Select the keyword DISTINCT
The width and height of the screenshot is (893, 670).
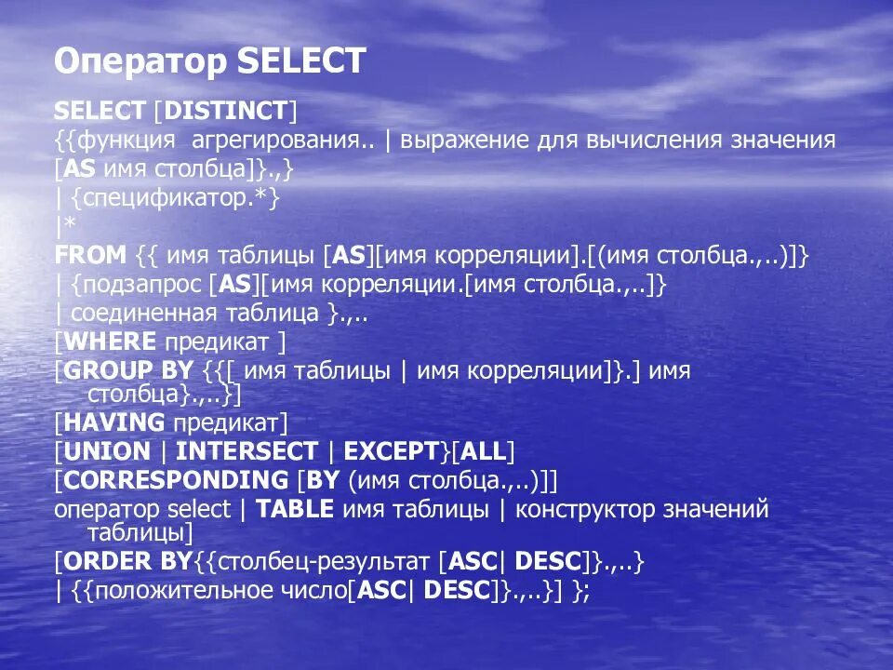point(224,113)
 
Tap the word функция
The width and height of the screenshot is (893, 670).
point(127,141)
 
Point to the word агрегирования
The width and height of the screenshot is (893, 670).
point(278,141)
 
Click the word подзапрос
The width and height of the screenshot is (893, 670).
point(136,285)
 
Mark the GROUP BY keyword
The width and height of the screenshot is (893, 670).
point(127,370)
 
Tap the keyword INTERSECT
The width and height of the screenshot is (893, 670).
point(247,452)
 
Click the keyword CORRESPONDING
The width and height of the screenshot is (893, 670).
point(176,480)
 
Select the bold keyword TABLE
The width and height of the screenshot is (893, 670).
point(295,510)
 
